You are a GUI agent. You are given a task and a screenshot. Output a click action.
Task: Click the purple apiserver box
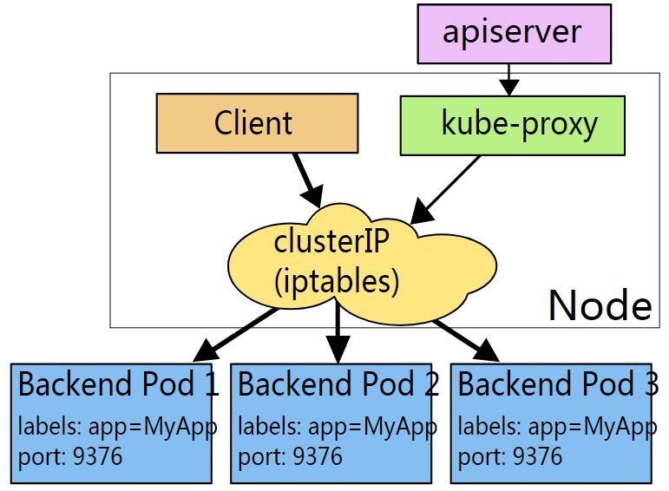[512, 34]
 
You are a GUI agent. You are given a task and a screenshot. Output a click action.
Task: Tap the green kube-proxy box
[512, 124]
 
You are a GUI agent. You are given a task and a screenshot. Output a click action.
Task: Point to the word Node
[600, 305]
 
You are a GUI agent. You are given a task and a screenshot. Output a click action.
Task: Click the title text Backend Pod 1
[117, 384]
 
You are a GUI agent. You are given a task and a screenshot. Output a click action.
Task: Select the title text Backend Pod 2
[338, 384]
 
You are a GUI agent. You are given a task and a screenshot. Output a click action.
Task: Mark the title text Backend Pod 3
[556, 384]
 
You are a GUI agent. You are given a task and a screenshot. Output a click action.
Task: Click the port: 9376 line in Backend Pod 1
[70, 455]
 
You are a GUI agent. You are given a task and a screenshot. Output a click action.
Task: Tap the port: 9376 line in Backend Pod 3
[510, 455]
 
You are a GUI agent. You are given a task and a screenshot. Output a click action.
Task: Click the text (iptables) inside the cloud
[336, 280]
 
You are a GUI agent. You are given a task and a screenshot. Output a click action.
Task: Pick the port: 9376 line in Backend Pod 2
[291, 455]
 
